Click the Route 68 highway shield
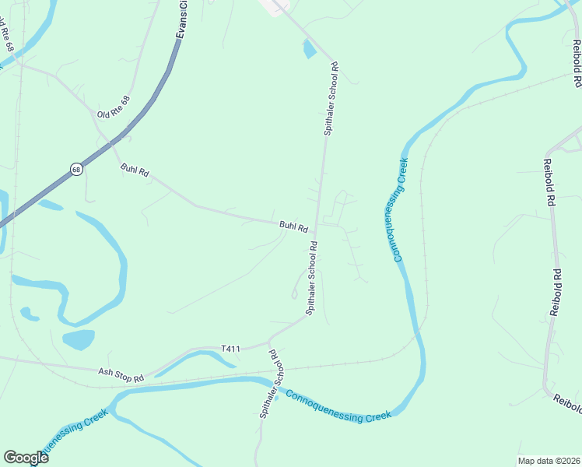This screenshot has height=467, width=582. (75, 169)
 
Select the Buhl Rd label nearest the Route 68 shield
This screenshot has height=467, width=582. (134, 170)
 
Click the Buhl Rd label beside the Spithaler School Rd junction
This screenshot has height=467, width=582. (294, 226)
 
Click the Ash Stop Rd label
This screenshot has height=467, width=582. (121, 375)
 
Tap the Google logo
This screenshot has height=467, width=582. (26, 457)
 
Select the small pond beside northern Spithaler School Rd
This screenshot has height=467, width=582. (310, 49)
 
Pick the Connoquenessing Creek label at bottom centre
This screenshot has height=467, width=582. (338, 406)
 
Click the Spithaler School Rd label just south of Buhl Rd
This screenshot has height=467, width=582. (311, 278)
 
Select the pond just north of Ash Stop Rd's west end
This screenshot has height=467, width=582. (78, 339)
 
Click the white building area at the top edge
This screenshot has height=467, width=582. (274, 6)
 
